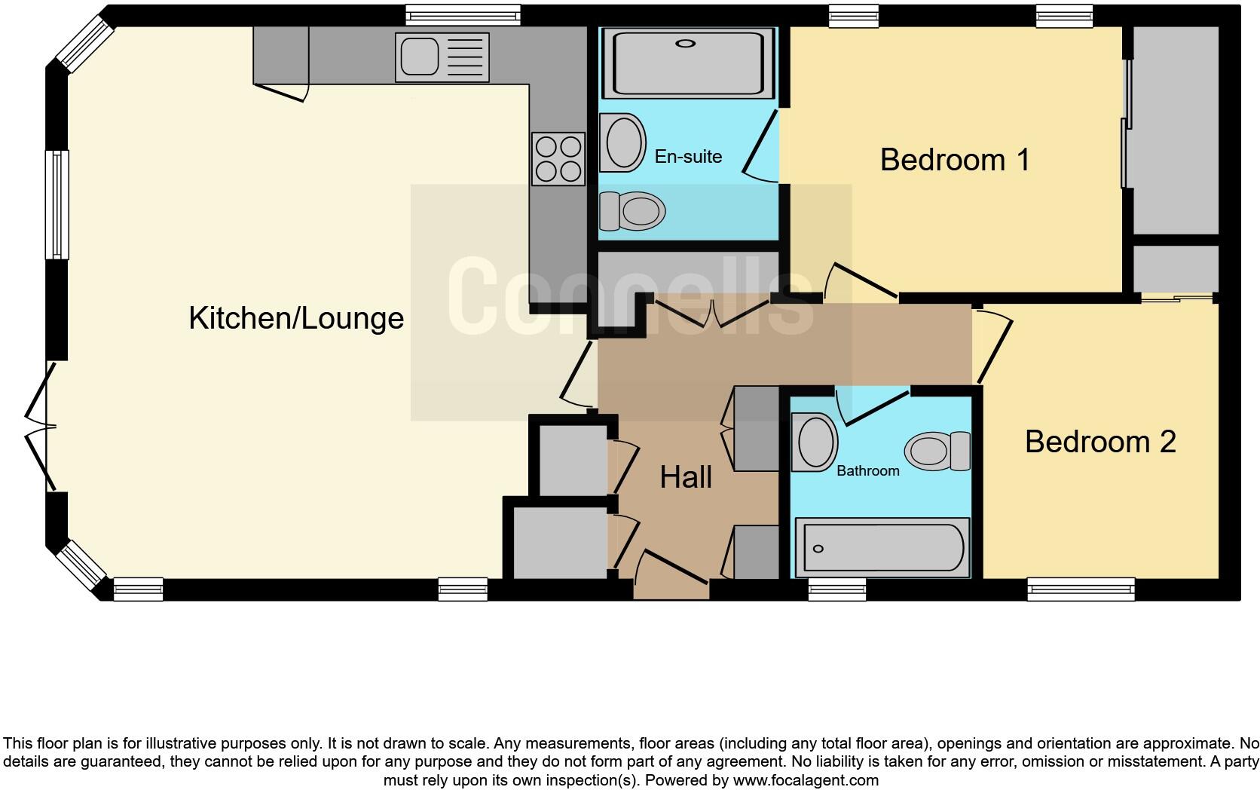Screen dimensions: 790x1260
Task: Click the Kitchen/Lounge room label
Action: (296, 318)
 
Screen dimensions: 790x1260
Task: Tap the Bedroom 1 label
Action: (954, 160)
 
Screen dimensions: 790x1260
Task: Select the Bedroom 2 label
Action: (1099, 441)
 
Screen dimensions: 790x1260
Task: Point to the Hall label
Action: (686, 477)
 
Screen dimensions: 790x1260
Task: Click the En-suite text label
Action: (688, 157)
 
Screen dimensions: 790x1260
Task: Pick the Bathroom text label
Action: (867, 471)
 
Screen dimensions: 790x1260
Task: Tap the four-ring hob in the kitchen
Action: (558, 158)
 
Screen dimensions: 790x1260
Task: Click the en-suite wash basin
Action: (623, 142)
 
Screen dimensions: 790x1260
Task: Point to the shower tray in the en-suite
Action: (687, 63)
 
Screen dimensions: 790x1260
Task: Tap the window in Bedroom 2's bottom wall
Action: (1081, 589)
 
